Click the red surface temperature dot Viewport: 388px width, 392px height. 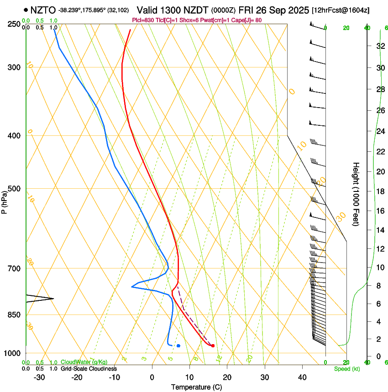coord(213,346)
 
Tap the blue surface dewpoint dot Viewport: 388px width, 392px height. coord(178,346)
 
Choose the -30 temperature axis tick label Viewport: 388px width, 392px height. coord(39,377)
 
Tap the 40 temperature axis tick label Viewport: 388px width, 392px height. coord(302,377)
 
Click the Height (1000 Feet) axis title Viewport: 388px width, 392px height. coord(357,194)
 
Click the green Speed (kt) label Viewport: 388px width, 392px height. coord(346,369)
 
